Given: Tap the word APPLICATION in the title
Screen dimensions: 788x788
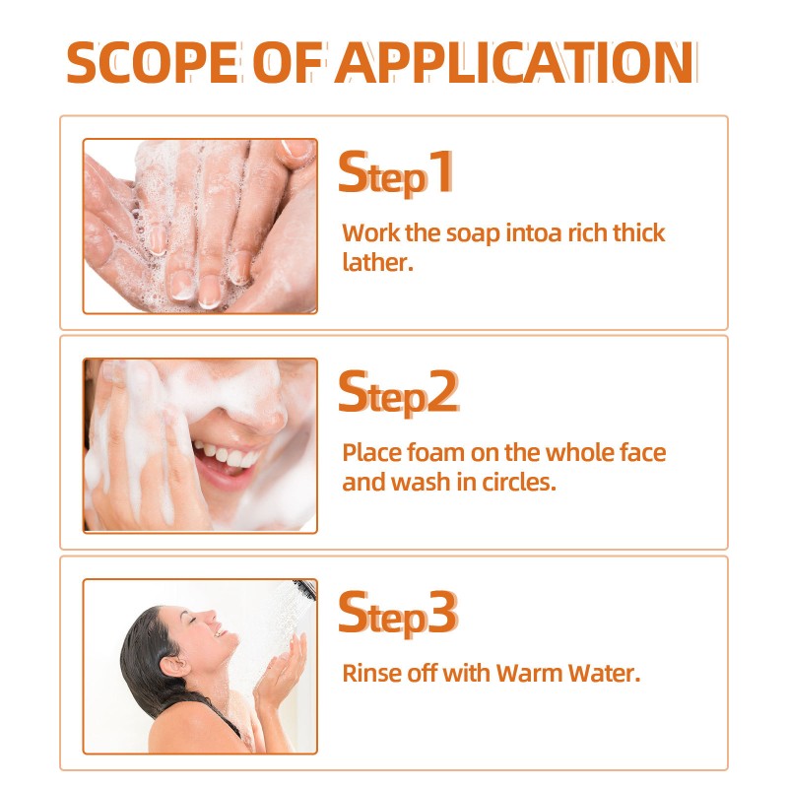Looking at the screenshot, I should click(515, 61).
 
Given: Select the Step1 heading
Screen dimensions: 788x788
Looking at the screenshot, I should click(396, 173).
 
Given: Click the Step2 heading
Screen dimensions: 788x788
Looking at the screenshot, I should click(398, 393).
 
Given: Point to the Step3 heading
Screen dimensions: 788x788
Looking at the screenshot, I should click(398, 613).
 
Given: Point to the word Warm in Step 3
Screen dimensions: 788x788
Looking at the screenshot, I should click(533, 674).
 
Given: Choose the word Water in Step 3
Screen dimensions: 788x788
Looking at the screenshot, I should click(608, 674).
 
